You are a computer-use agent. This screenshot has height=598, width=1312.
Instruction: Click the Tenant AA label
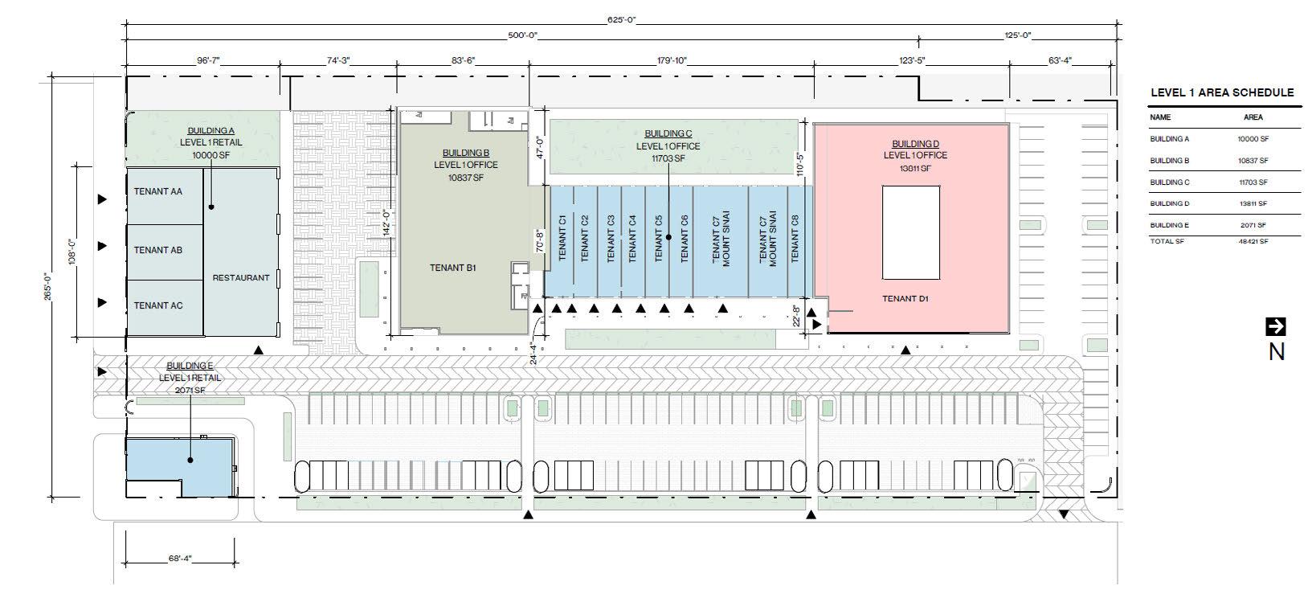point(158,191)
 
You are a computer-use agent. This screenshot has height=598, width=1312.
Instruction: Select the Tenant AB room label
point(158,250)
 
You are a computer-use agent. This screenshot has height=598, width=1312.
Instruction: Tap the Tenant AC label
point(158,305)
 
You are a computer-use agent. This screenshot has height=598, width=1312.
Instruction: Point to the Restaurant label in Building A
point(241,278)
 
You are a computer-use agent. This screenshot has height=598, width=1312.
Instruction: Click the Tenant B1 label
point(453,268)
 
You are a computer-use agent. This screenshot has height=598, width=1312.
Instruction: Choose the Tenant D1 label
point(905,299)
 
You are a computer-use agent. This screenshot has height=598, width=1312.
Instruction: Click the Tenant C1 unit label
point(563,237)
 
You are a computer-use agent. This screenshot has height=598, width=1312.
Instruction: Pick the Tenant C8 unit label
point(795,237)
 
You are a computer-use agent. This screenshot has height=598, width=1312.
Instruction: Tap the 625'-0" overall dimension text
point(621,19)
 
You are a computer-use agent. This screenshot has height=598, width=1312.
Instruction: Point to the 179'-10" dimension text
point(672,60)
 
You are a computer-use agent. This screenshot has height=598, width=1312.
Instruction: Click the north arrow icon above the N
point(1275,326)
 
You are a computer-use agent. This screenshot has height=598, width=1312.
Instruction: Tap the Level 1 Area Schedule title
point(1222,92)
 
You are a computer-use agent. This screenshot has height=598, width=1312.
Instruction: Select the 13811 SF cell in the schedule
point(1253,204)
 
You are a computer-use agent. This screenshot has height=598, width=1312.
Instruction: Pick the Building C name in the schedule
point(1169,182)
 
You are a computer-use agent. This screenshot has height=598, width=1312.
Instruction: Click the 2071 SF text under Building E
point(190,390)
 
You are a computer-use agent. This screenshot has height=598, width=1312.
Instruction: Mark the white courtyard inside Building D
point(911,232)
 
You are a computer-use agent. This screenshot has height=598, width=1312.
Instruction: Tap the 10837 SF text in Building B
point(467,178)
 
